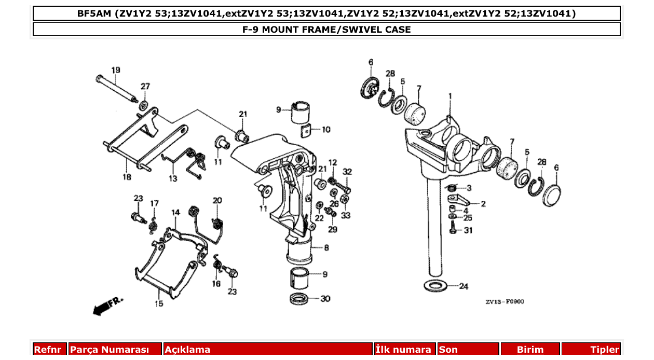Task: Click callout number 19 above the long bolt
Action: (115, 70)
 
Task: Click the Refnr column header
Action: (48, 350)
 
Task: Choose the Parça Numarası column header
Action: (110, 350)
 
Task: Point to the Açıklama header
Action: (187, 350)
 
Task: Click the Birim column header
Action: (530, 350)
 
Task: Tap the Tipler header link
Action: (605, 350)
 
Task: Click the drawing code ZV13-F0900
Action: (505, 301)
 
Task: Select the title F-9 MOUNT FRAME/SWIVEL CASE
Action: (326, 30)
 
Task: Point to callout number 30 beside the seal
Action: (325, 299)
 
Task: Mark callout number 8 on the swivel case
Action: (326, 248)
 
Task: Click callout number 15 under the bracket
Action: (159, 303)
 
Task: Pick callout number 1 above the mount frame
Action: (451, 96)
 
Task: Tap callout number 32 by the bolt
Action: (347, 172)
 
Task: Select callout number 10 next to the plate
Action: (325, 130)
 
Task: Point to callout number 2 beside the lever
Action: (483, 204)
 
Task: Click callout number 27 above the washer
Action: (145, 86)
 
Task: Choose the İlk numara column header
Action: (403, 350)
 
